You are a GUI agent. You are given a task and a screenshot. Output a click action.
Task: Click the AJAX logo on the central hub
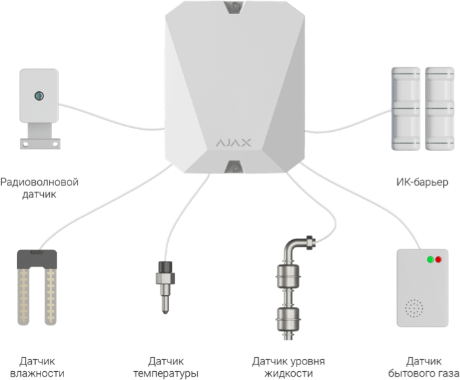point(233,143)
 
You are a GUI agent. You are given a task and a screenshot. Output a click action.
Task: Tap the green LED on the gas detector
point(429,259)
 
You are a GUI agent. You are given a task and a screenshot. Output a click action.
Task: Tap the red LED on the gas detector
point(438,259)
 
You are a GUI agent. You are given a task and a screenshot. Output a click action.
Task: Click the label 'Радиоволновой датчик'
point(39,189)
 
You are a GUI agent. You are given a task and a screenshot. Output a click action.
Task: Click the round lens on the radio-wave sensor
point(40,95)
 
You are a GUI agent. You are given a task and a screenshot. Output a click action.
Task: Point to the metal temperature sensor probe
point(163,291)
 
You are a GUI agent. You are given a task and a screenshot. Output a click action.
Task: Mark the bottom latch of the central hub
point(233,166)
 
